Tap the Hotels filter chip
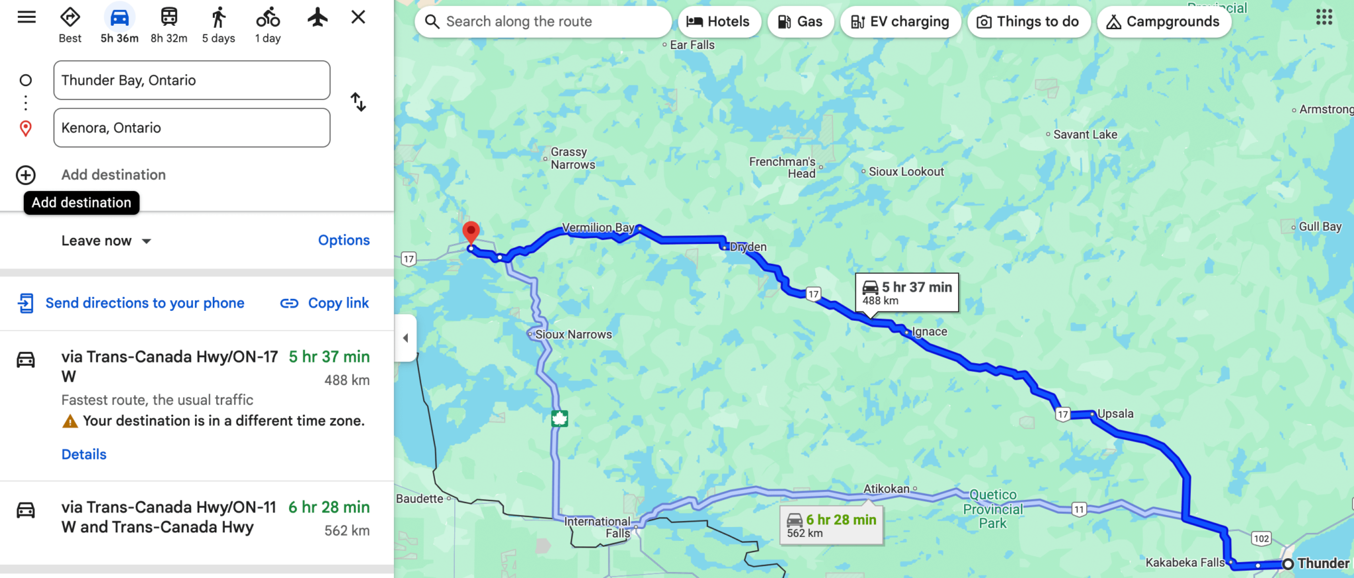(718, 22)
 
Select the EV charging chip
(900, 22)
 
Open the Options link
(344, 240)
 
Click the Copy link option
(325, 303)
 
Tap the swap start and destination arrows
(358, 102)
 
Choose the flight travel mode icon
(317, 18)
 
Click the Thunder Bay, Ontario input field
(192, 80)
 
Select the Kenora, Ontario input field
(192, 128)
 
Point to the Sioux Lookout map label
(906, 172)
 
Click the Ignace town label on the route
(929, 332)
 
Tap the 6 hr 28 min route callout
(831, 526)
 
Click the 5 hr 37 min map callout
(906, 292)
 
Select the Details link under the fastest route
(84, 454)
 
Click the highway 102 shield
(1261, 538)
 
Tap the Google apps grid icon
(1324, 17)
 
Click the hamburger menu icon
(26, 17)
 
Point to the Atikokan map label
(886, 489)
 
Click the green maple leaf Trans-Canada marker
(559, 418)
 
